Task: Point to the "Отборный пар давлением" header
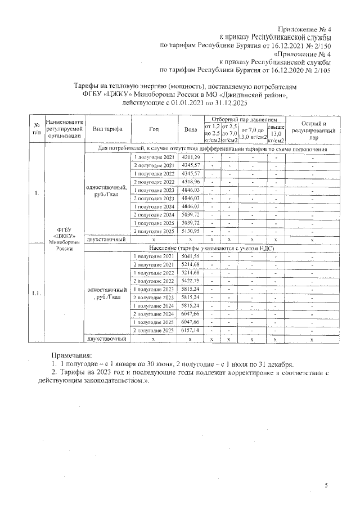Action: (x=244, y=120)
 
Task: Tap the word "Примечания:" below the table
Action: (x=71, y=355)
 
